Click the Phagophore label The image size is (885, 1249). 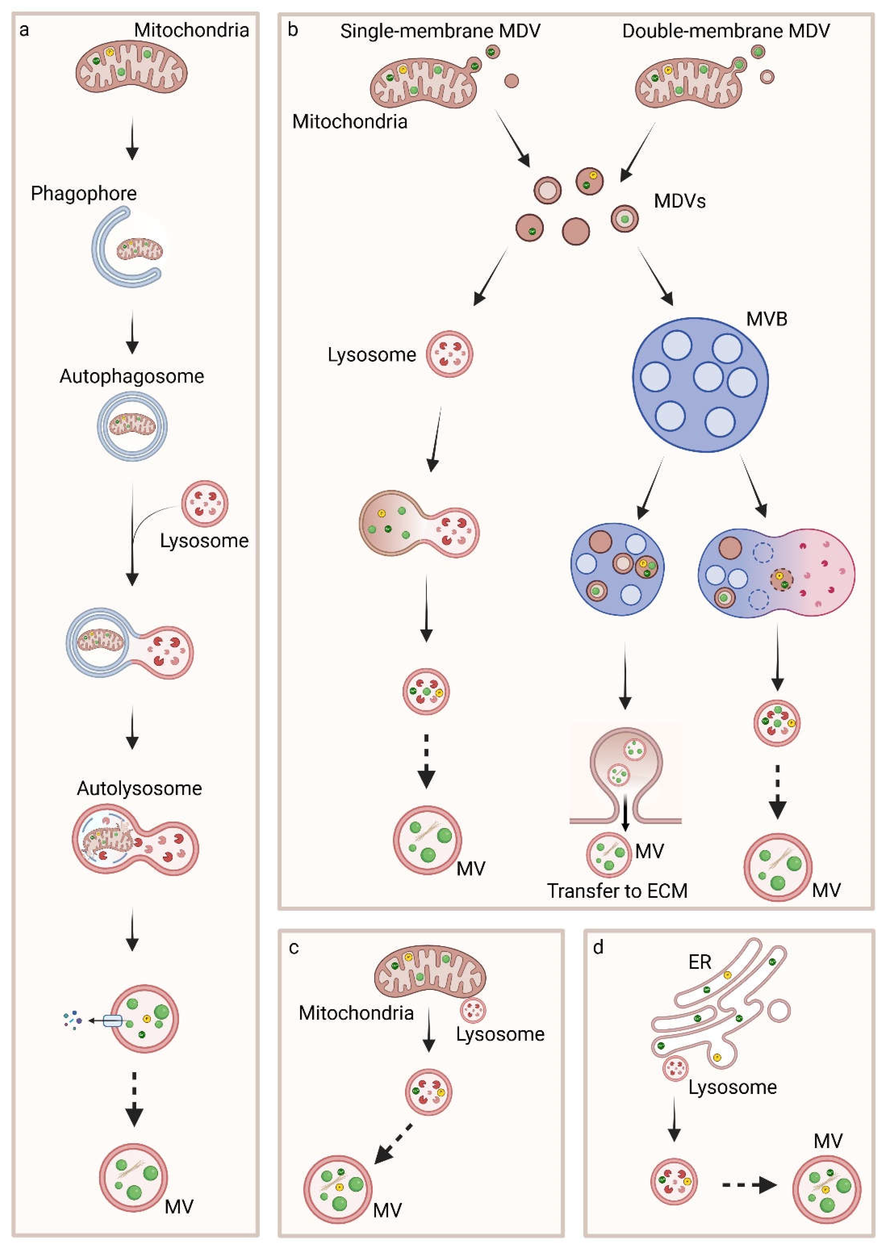(x=83, y=193)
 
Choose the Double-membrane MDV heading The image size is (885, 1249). (x=725, y=31)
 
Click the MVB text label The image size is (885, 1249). (x=766, y=319)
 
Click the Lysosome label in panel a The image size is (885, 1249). (x=204, y=541)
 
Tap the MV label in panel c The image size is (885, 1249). (x=387, y=1210)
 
